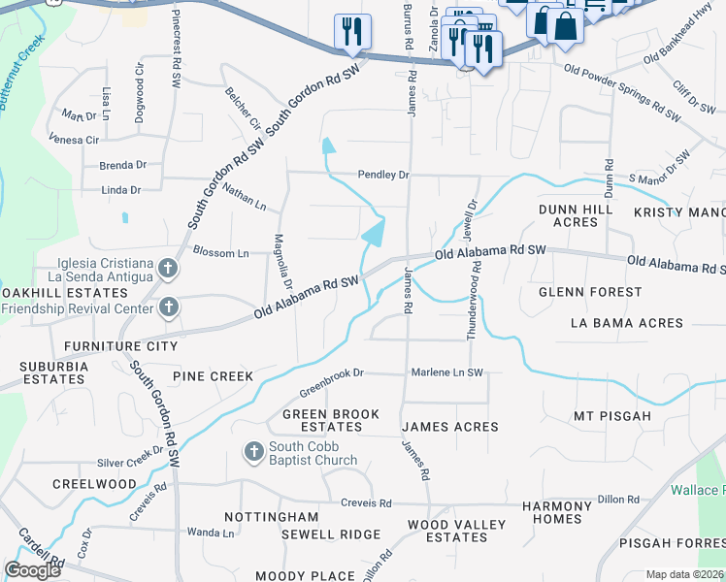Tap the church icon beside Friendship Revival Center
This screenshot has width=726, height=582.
(x=168, y=308)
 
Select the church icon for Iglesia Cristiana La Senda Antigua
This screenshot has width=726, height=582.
(x=168, y=269)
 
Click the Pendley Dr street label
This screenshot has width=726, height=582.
(x=383, y=176)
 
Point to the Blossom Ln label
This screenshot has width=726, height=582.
(x=220, y=253)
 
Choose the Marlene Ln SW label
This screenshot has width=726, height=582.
(x=446, y=372)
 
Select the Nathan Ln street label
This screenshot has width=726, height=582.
(x=244, y=195)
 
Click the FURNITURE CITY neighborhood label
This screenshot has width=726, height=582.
(x=120, y=346)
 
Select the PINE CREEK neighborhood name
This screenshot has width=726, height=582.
(x=213, y=376)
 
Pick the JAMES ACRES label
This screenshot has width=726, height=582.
(x=449, y=427)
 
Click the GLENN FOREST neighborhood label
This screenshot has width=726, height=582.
(x=591, y=292)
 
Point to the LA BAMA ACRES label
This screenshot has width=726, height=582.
(x=626, y=323)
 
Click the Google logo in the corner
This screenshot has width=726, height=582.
(x=32, y=569)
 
